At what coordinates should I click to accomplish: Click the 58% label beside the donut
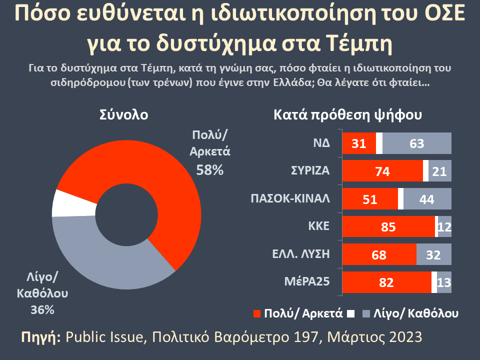(209, 170)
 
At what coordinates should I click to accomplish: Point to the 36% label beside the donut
(42, 310)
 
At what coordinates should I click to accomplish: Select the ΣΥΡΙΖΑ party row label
(310, 170)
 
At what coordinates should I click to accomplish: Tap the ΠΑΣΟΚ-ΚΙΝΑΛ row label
(290, 198)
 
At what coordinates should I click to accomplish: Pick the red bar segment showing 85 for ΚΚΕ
(388, 227)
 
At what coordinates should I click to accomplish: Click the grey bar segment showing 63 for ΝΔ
(417, 144)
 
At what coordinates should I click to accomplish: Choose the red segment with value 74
(382, 171)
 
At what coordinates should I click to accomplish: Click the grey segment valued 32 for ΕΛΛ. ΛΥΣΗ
(433, 255)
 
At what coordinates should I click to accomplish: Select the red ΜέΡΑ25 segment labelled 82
(386, 282)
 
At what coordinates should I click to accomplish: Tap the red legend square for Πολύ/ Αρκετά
(257, 313)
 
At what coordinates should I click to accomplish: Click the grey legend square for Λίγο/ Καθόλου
(365, 313)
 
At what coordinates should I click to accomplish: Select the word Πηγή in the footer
(41, 336)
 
